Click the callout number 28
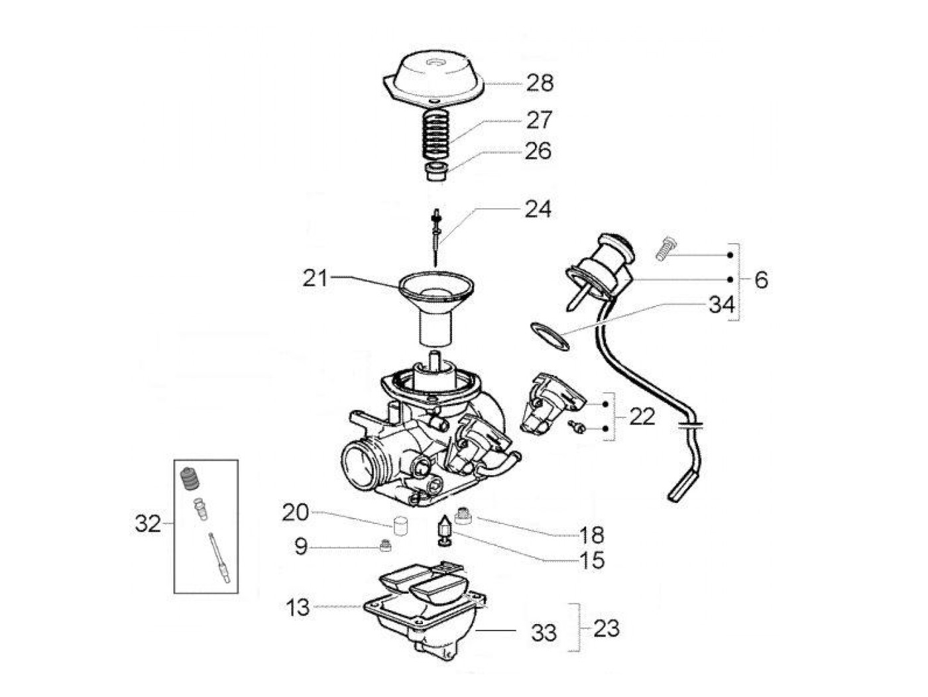(539, 83)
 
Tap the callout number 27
(538, 120)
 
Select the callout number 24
(538, 210)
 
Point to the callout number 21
(315, 278)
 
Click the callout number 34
(721, 305)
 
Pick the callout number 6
(760, 280)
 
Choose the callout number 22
(642, 417)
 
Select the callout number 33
(544, 633)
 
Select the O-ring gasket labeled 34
(550, 336)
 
